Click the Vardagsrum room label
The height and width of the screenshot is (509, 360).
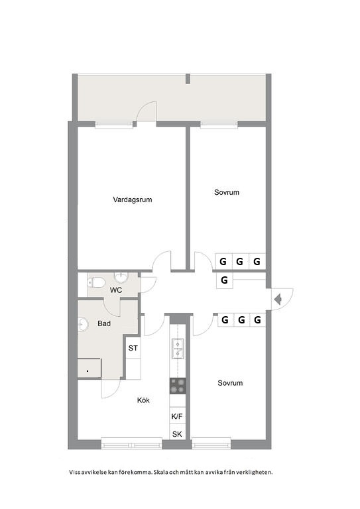coord(133,199)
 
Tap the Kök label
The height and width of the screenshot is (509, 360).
coord(143,400)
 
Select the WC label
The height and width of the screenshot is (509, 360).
coord(116,290)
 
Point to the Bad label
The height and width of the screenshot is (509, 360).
coord(104,323)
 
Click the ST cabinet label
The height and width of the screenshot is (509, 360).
coord(133,348)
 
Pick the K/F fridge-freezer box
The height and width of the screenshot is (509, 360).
coord(177,416)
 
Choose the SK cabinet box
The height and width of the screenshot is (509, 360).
coord(177,432)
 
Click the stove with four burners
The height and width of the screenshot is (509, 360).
coord(178,386)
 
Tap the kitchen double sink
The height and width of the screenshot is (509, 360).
coord(178,349)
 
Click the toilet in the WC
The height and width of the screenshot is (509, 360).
coord(96,282)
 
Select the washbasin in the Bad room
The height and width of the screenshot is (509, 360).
coord(83,325)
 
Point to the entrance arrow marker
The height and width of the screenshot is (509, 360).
coord(278,299)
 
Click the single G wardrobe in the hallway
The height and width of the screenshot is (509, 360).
coord(224,280)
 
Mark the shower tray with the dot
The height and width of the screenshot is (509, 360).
coord(90,368)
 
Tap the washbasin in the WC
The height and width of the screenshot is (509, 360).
coord(121,278)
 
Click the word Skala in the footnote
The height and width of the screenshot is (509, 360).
coord(160,472)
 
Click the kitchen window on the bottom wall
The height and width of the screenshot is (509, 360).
coord(131,443)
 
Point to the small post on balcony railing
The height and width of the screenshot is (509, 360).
coord(188,79)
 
